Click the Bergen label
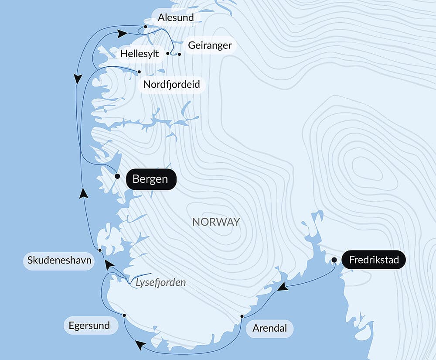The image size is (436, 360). click(150, 179)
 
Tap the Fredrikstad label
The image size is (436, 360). click(374, 261)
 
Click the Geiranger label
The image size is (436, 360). click(210, 45)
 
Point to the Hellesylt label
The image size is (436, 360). click(140, 54)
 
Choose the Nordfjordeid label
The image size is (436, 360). click(172, 84)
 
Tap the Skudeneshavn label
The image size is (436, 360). click(59, 261)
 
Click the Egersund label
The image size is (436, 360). click(89, 326)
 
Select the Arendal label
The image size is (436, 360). click(269, 328)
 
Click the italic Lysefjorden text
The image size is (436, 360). click(160, 282)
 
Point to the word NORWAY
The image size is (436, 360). click(216, 222)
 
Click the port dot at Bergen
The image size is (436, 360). click(117, 176)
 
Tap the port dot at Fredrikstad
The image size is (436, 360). click(334, 260)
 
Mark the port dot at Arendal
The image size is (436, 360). click(242, 316)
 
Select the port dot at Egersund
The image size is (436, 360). click(124, 315)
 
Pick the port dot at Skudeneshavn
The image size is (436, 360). click(100, 250)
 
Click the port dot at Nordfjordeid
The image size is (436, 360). click(139, 72)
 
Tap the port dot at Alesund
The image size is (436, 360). click(145, 26)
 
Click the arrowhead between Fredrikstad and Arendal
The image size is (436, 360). click(283, 287)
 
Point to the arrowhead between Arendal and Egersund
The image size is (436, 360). click(140, 345)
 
